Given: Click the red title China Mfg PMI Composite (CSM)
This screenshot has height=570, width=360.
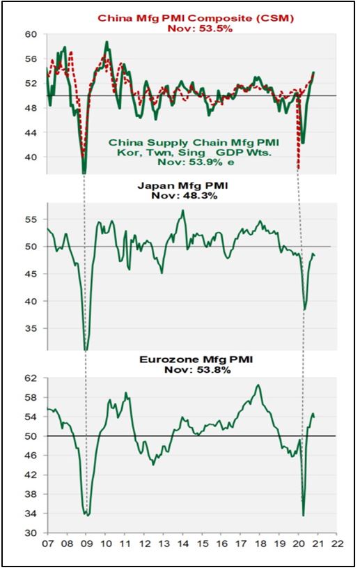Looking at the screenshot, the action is tap(196, 19).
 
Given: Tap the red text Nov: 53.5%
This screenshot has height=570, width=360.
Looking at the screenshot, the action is tap(199, 29).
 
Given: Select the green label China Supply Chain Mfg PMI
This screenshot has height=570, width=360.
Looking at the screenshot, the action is tap(194, 142).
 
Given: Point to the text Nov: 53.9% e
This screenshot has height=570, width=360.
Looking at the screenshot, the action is tap(196, 162).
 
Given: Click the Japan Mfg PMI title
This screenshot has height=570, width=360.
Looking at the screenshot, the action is tap(182, 186).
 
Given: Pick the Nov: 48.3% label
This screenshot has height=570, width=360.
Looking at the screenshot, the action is tap(184, 196).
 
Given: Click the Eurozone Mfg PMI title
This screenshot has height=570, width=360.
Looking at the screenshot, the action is tap(196, 360).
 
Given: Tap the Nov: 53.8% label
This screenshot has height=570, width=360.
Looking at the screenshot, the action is tap(198, 370).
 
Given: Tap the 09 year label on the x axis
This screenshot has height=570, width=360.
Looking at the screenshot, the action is tap(86, 544).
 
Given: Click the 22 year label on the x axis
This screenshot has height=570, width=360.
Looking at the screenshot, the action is tap(337, 544).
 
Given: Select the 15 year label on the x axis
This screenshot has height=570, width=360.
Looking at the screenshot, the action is tap(202, 544).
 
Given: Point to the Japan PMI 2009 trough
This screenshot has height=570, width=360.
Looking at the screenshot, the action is tap(86, 350).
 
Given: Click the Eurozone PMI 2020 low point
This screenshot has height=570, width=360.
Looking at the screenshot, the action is tap(304, 515).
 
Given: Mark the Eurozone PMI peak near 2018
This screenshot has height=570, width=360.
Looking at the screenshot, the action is tap(258, 385).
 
